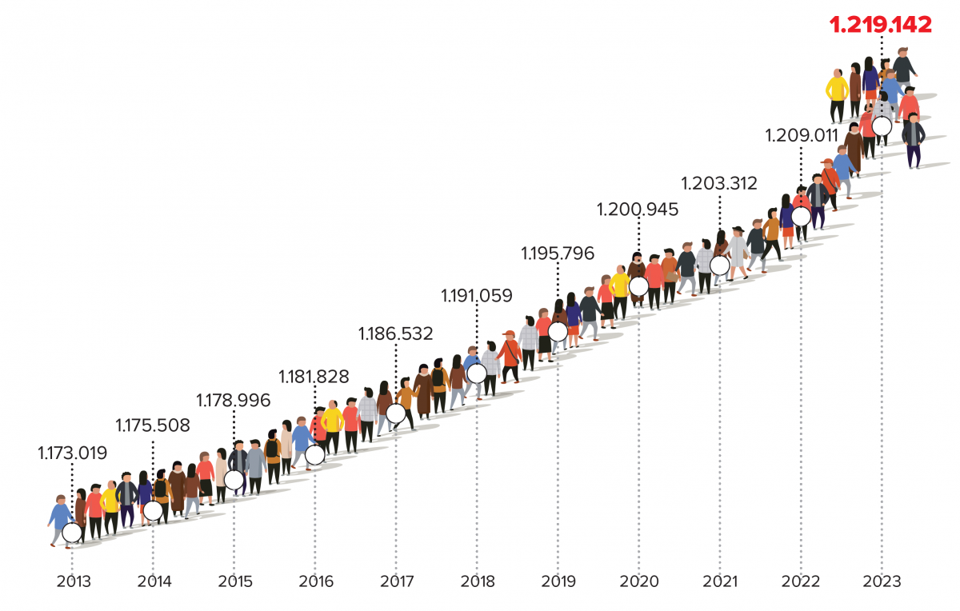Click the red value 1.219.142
point(881,25)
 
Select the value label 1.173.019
point(72,453)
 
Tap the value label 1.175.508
point(153,425)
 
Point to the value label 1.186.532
point(395,333)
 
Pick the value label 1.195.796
point(558,254)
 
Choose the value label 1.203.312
point(718,183)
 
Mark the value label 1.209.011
point(801,134)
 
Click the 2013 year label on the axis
point(74,581)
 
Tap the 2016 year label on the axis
point(316,581)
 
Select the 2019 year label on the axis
point(558,581)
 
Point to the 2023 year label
point(882,581)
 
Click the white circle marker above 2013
point(72,532)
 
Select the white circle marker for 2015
point(234,480)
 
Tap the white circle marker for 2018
point(476,373)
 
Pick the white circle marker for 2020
point(638,286)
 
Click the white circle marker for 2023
point(882,126)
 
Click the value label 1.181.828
point(314,376)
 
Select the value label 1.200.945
point(638,210)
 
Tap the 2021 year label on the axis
point(720,581)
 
